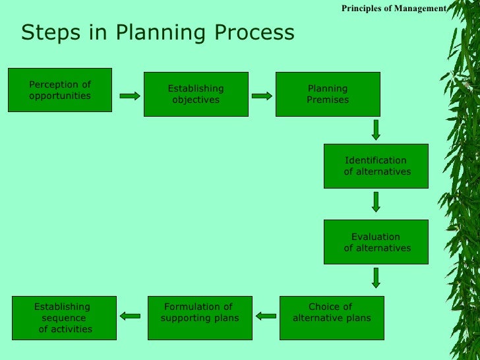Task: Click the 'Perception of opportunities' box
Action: point(60,90)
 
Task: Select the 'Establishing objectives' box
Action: point(196,94)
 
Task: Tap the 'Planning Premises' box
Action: point(328,94)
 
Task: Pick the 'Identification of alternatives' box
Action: point(376,165)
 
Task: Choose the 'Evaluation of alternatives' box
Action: point(376,242)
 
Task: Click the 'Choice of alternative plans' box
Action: point(331,317)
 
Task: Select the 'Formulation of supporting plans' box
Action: point(200,317)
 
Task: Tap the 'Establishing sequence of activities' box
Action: point(64,317)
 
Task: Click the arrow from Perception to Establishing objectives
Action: point(130,96)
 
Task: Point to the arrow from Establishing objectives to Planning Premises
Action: point(262,96)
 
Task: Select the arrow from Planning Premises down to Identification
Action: point(376,129)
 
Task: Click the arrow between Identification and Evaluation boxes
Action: point(376,201)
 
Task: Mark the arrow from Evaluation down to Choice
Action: point(376,277)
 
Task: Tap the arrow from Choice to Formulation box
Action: point(266,316)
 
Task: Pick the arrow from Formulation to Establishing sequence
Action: point(131,316)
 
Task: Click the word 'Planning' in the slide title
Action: point(154,33)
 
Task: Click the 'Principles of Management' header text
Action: point(394,8)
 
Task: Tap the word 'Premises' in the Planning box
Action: point(328,100)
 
